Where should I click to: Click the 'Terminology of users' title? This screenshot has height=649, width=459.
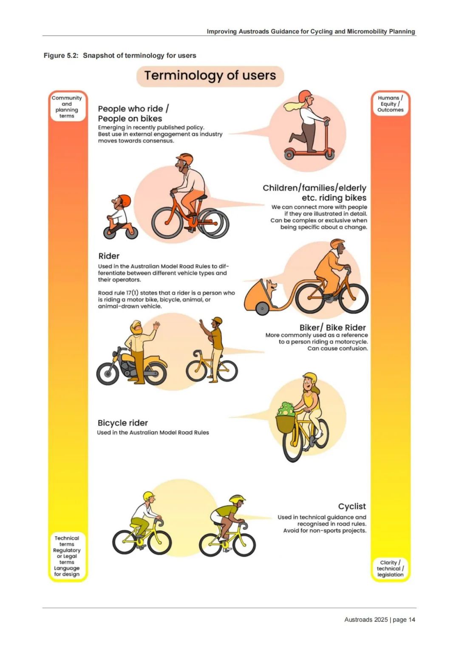[210, 75]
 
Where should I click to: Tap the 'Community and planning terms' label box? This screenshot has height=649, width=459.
[67, 107]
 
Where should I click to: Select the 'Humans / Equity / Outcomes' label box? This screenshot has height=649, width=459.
[391, 104]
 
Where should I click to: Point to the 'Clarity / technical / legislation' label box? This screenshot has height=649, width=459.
[391, 569]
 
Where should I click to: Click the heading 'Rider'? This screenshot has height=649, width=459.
[109, 256]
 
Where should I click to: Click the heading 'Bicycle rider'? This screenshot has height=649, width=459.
[122, 423]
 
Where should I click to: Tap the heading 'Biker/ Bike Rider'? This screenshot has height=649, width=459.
[332, 327]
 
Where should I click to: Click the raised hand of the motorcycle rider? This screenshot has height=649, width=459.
[156, 325]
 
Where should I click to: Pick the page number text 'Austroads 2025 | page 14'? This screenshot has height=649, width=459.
[380, 620]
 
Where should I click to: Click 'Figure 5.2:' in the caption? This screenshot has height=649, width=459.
[61, 56]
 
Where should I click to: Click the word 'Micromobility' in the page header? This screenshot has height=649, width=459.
[367, 31]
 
